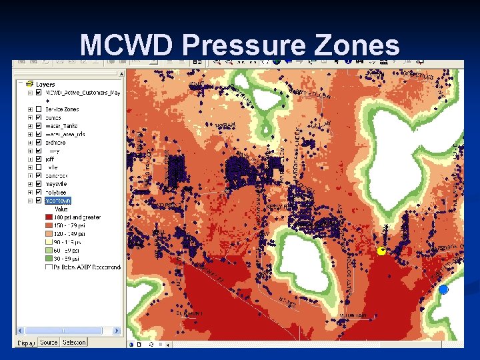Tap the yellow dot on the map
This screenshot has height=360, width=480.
381,251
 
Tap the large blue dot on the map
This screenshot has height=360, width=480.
443,289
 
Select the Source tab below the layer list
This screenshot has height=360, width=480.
49,342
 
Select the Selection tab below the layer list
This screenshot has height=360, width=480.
74,342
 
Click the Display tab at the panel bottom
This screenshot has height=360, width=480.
26,342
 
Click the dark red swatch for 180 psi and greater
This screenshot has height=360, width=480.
49,217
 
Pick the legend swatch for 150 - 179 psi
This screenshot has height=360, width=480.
49,225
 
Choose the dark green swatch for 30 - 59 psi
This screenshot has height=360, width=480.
49,259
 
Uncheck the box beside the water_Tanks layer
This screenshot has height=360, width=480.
39,126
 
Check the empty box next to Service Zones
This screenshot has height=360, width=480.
39,109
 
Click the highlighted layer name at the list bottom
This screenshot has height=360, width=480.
58,201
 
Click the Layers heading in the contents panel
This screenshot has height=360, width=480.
46,85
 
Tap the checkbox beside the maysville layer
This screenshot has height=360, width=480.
39,184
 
